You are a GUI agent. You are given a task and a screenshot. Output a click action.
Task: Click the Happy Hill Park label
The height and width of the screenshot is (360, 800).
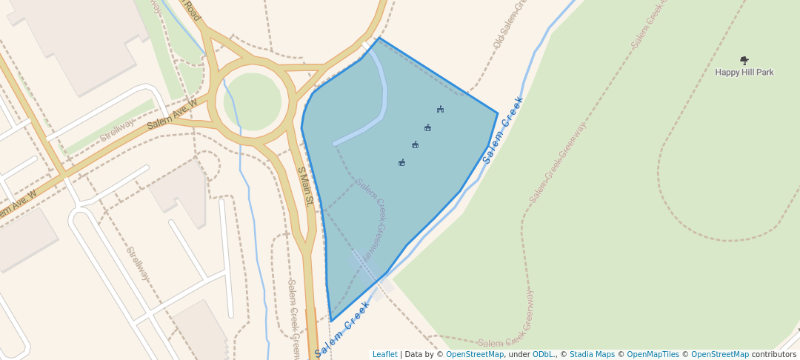coord(744,73)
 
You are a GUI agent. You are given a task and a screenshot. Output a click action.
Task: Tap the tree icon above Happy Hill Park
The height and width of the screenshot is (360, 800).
coord(744,60)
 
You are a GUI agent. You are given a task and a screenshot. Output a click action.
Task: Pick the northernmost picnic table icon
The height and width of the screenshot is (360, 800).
coord(440,110)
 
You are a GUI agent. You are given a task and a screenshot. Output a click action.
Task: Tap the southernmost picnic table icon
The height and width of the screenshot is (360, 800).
coord(401,162)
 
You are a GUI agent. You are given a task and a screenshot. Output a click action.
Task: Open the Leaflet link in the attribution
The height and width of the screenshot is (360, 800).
coord(384,354)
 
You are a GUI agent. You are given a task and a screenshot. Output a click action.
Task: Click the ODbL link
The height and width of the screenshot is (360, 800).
coord(543,354)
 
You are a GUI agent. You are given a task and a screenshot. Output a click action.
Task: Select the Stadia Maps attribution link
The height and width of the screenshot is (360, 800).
coord(592,354)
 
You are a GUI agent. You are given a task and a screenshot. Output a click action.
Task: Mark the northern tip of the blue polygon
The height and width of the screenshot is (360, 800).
coord(379,38)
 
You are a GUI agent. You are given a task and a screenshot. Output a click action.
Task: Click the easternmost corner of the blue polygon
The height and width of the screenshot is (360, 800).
coord(497,113)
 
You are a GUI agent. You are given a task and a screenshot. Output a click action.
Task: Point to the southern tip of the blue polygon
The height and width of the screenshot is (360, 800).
coord(331,321)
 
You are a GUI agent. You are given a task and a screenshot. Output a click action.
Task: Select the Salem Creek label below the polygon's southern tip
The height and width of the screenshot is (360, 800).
coord(342,330)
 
